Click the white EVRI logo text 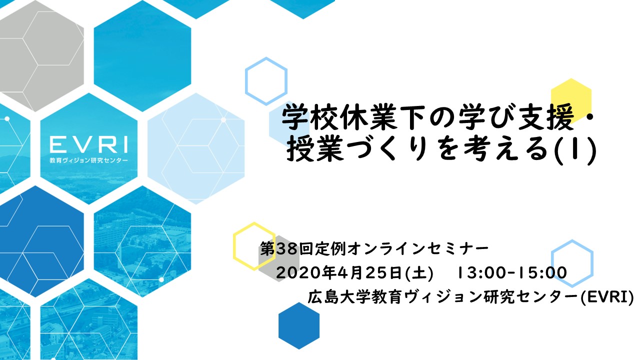tap(88, 144)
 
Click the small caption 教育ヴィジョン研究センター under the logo tap(88, 160)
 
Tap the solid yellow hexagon tap(571, 101)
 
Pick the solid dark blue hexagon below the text tap(299, 325)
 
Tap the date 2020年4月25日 tap(339, 272)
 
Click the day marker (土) tap(419, 272)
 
